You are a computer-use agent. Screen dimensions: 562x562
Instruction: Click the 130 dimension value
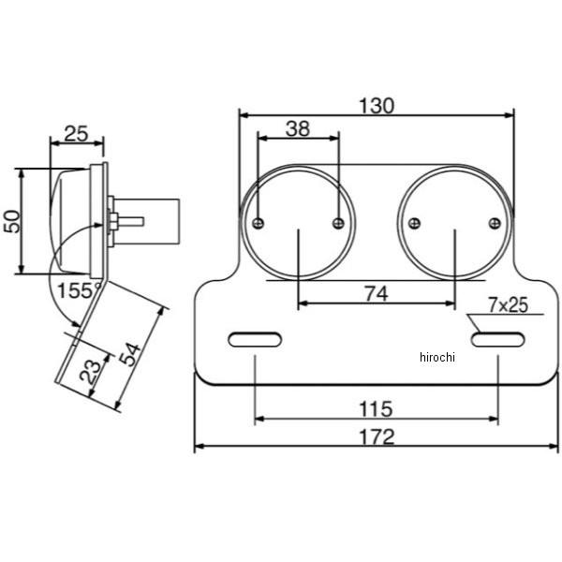pyautogui.click(x=377, y=106)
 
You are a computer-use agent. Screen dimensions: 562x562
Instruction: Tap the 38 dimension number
pyautogui.click(x=298, y=128)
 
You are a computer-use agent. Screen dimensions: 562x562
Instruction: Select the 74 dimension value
pyautogui.click(x=377, y=294)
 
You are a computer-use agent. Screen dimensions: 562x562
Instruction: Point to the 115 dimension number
pyautogui.click(x=376, y=409)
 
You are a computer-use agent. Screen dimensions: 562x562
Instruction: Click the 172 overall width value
pyautogui.click(x=377, y=436)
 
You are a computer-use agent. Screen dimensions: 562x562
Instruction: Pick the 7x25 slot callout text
pyautogui.click(x=509, y=305)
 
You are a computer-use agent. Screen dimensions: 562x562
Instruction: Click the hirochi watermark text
pyautogui.click(x=437, y=357)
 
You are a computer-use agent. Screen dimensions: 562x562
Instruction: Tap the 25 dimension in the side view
pyautogui.click(x=76, y=134)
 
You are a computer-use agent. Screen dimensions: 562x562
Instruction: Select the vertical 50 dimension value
pyautogui.click(x=12, y=221)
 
